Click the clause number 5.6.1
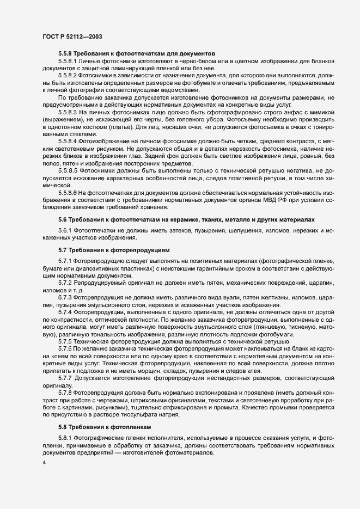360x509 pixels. coord(66,229)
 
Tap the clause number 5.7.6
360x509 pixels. coord(66,347)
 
